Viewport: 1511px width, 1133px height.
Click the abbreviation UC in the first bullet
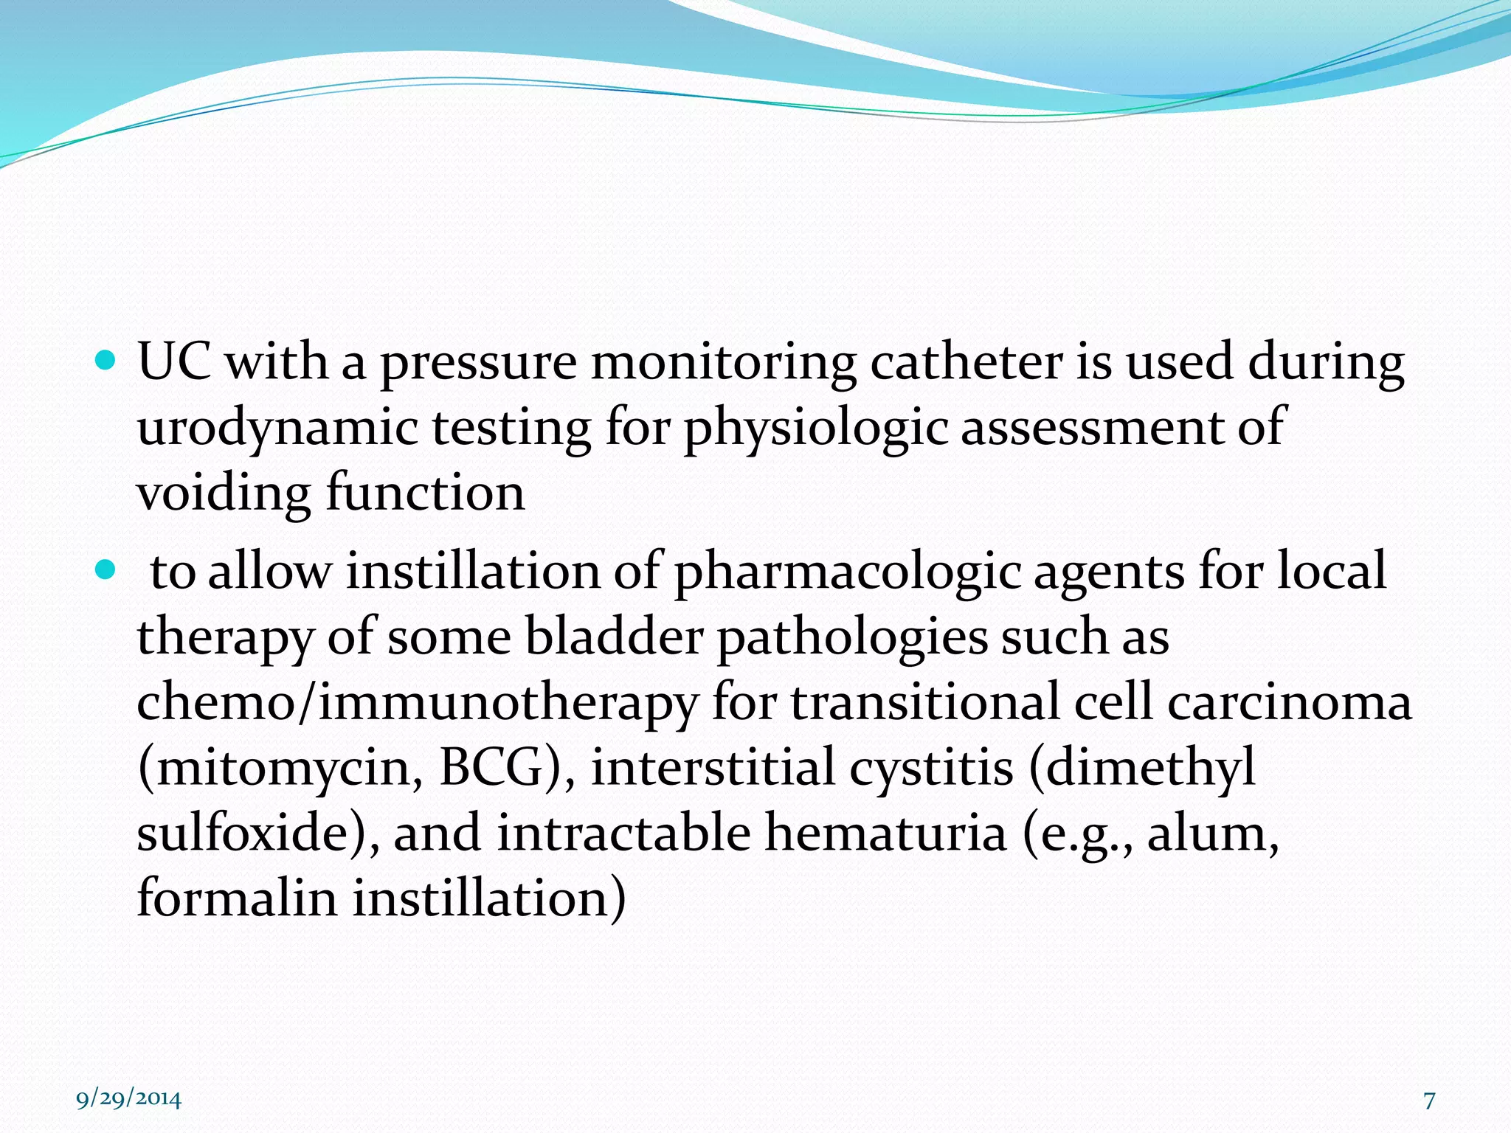(x=174, y=363)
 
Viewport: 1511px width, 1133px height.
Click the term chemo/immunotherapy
(x=417, y=703)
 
